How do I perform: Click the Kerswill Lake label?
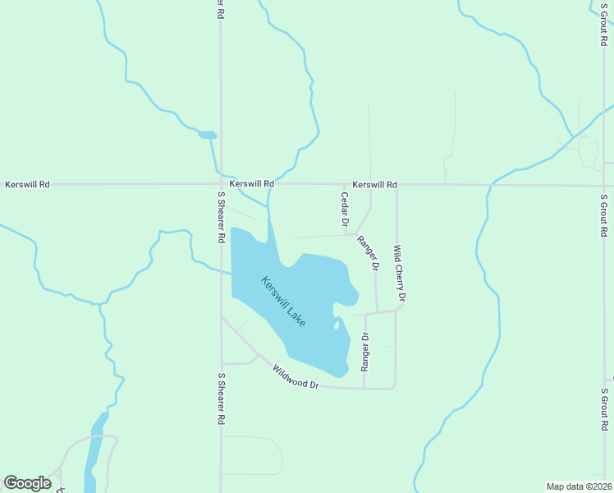pos(284,301)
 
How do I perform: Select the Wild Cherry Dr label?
pos(399,272)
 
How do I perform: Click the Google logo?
pos(27,483)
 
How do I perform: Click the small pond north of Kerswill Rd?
pos(208,134)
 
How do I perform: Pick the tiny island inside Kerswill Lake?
pos(337,325)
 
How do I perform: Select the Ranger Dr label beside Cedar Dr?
pos(369,253)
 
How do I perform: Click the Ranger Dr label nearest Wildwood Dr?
pos(365,351)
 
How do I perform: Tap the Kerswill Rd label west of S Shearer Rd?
pos(27,185)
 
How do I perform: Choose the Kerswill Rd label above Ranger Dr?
pos(375,185)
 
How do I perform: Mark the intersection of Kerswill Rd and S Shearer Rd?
pos(220,185)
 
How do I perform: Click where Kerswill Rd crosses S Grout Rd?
pos(603,185)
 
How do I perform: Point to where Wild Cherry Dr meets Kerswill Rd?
pos(396,186)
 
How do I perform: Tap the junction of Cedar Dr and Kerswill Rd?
pos(345,186)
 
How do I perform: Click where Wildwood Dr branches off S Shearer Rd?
pos(221,318)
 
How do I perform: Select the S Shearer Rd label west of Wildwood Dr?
pos(221,399)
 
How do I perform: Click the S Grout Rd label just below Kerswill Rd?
pos(603,214)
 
